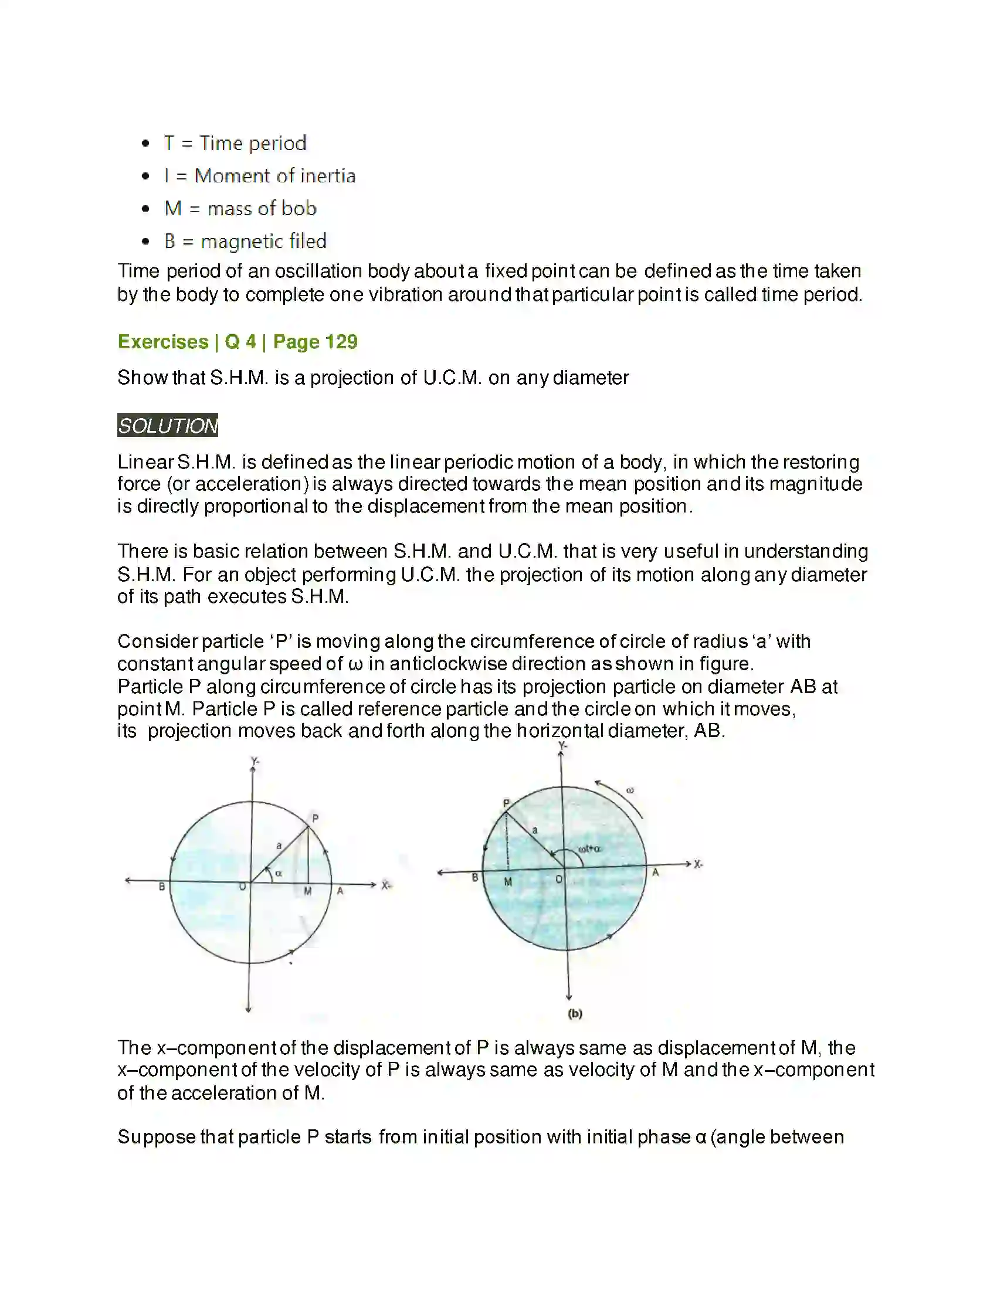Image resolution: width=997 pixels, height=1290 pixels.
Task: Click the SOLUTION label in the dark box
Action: click(168, 425)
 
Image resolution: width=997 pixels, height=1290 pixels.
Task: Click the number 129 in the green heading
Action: click(341, 342)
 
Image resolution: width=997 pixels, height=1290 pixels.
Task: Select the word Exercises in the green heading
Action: click(163, 342)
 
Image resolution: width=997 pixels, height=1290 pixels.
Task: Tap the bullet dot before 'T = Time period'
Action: click(146, 144)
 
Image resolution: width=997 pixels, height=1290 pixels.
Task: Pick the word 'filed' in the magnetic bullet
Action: click(308, 241)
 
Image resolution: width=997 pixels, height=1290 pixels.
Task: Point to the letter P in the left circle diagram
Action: click(316, 819)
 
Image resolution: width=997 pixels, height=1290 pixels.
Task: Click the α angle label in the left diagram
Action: click(279, 873)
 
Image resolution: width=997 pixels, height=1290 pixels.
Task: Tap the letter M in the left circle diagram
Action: click(308, 891)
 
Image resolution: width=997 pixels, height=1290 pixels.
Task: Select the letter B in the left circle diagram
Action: click(162, 887)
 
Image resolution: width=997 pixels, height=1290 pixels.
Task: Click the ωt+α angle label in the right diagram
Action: click(589, 849)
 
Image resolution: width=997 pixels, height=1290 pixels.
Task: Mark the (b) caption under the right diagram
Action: click(575, 1014)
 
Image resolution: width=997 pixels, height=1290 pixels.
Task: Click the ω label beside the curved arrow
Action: click(630, 790)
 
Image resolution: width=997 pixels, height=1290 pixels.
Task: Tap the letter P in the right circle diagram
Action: click(506, 803)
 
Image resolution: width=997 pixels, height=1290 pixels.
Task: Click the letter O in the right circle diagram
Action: click(559, 880)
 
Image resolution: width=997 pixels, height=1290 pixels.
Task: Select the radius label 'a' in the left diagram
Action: click(279, 846)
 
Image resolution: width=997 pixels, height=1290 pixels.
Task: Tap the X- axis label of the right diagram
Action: click(698, 864)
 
